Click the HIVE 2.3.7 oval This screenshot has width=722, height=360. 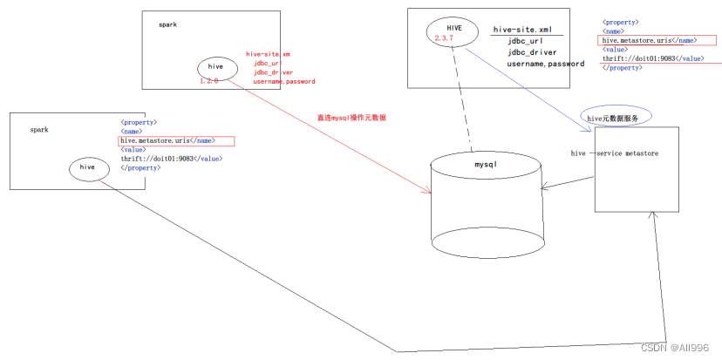[x=453, y=33]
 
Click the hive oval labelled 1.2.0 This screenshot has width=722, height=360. [x=215, y=67]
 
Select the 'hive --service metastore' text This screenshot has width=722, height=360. [x=615, y=153]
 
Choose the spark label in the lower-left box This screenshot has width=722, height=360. [x=39, y=129]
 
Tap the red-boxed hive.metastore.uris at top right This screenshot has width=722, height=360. [x=648, y=40]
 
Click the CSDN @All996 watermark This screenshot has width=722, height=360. [x=685, y=349]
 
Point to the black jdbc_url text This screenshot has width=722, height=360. [x=527, y=41]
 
